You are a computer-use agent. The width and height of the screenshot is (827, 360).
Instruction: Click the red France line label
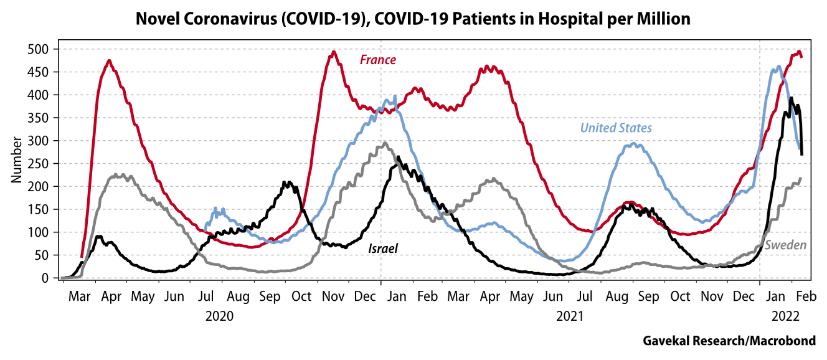[x=378, y=60]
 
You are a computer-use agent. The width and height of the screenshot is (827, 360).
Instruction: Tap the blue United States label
[x=616, y=128]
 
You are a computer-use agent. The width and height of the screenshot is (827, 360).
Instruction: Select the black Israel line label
[x=383, y=249]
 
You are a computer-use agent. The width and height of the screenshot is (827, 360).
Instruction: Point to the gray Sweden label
[x=785, y=245]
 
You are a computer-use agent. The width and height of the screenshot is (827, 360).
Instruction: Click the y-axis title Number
[x=16, y=163]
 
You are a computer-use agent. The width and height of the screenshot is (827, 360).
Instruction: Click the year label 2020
[x=219, y=316]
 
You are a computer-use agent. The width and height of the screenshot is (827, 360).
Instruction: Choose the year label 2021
[x=569, y=316]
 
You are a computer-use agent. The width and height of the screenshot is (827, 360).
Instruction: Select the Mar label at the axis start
[x=79, y=297]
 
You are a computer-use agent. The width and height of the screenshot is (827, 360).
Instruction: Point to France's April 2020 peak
[x=109, y=61]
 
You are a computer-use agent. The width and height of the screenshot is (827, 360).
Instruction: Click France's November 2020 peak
[x=333, y=52]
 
